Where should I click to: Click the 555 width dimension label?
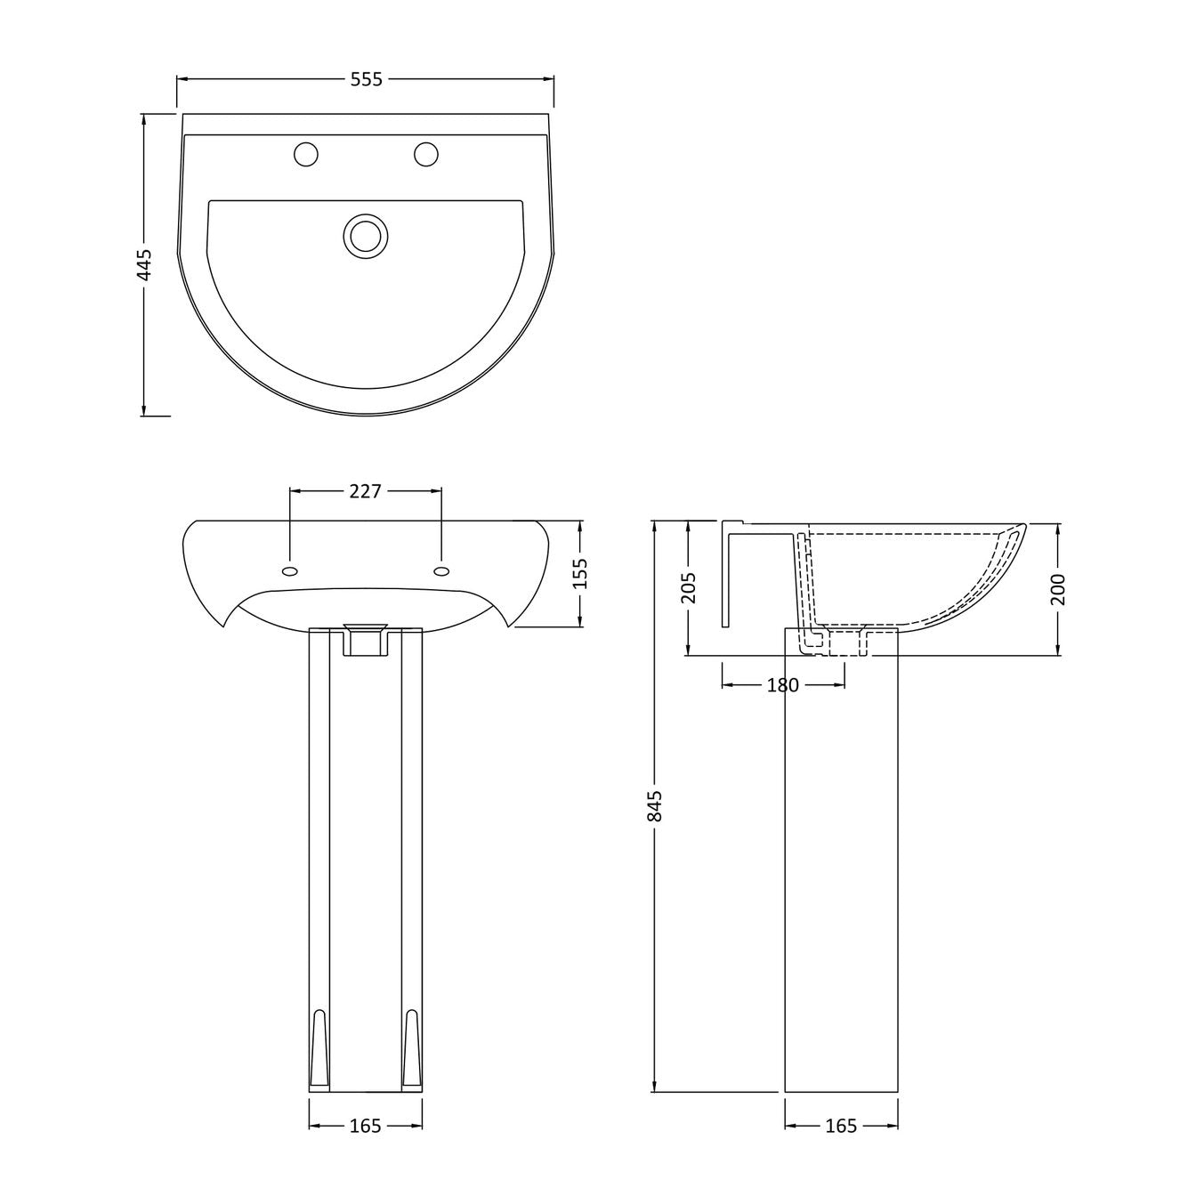(366, 79)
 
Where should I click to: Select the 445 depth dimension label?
(144, 264)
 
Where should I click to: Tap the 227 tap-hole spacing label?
(365, 492)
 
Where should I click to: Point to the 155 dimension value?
(580, 573)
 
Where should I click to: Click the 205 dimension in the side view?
(688, 587)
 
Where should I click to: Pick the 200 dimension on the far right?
(1058, 589)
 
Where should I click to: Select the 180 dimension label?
(783, 685)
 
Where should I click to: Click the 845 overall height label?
(655, 806)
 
